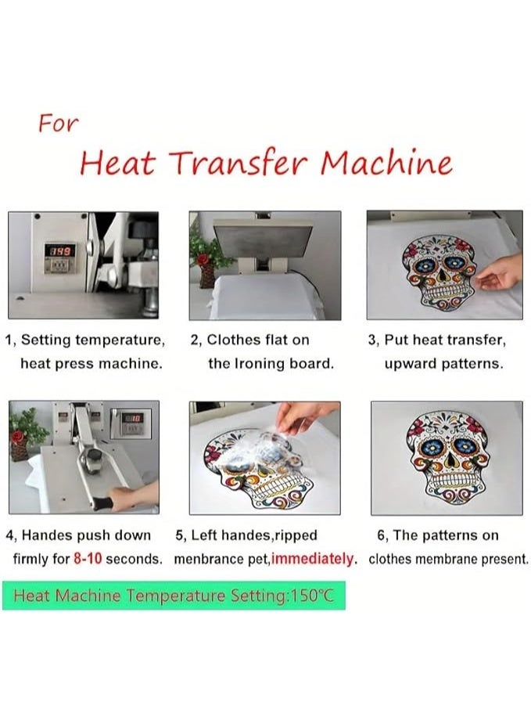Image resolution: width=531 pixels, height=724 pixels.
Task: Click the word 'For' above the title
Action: [58, 124]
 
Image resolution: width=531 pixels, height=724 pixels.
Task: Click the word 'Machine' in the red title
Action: [386, 163]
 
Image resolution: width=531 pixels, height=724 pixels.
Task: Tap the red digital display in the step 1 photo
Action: [60, 250]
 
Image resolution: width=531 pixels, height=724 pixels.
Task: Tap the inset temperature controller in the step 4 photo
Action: [131, 423]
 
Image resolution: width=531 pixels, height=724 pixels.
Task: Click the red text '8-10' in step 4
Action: [87, 559]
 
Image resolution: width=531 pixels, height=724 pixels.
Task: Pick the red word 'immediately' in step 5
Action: [312, 559]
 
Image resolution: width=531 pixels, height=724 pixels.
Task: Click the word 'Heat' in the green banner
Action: [31, 596]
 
